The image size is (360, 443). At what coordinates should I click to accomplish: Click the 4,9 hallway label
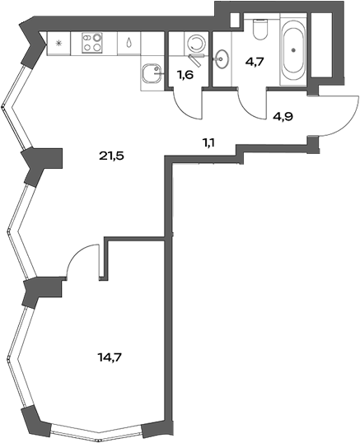284,116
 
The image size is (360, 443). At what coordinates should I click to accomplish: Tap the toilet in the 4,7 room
262,30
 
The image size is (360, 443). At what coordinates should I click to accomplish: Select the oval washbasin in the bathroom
222,58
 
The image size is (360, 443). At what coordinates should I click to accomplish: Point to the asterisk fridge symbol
58,42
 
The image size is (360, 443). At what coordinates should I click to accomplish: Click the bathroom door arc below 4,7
254,100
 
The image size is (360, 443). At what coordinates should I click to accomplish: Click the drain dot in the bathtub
293,50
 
